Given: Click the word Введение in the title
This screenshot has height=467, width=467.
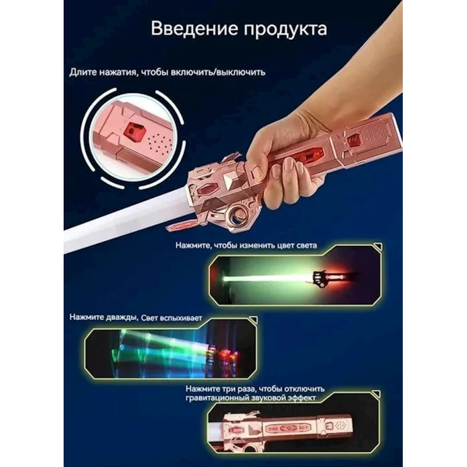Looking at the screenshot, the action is coord(194,29).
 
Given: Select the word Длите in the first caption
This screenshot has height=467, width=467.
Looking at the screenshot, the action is coord(83,72).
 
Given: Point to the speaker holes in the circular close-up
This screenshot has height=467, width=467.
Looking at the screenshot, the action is coord(159,143).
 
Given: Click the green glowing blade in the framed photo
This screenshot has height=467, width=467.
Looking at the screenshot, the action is coord(268,278).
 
